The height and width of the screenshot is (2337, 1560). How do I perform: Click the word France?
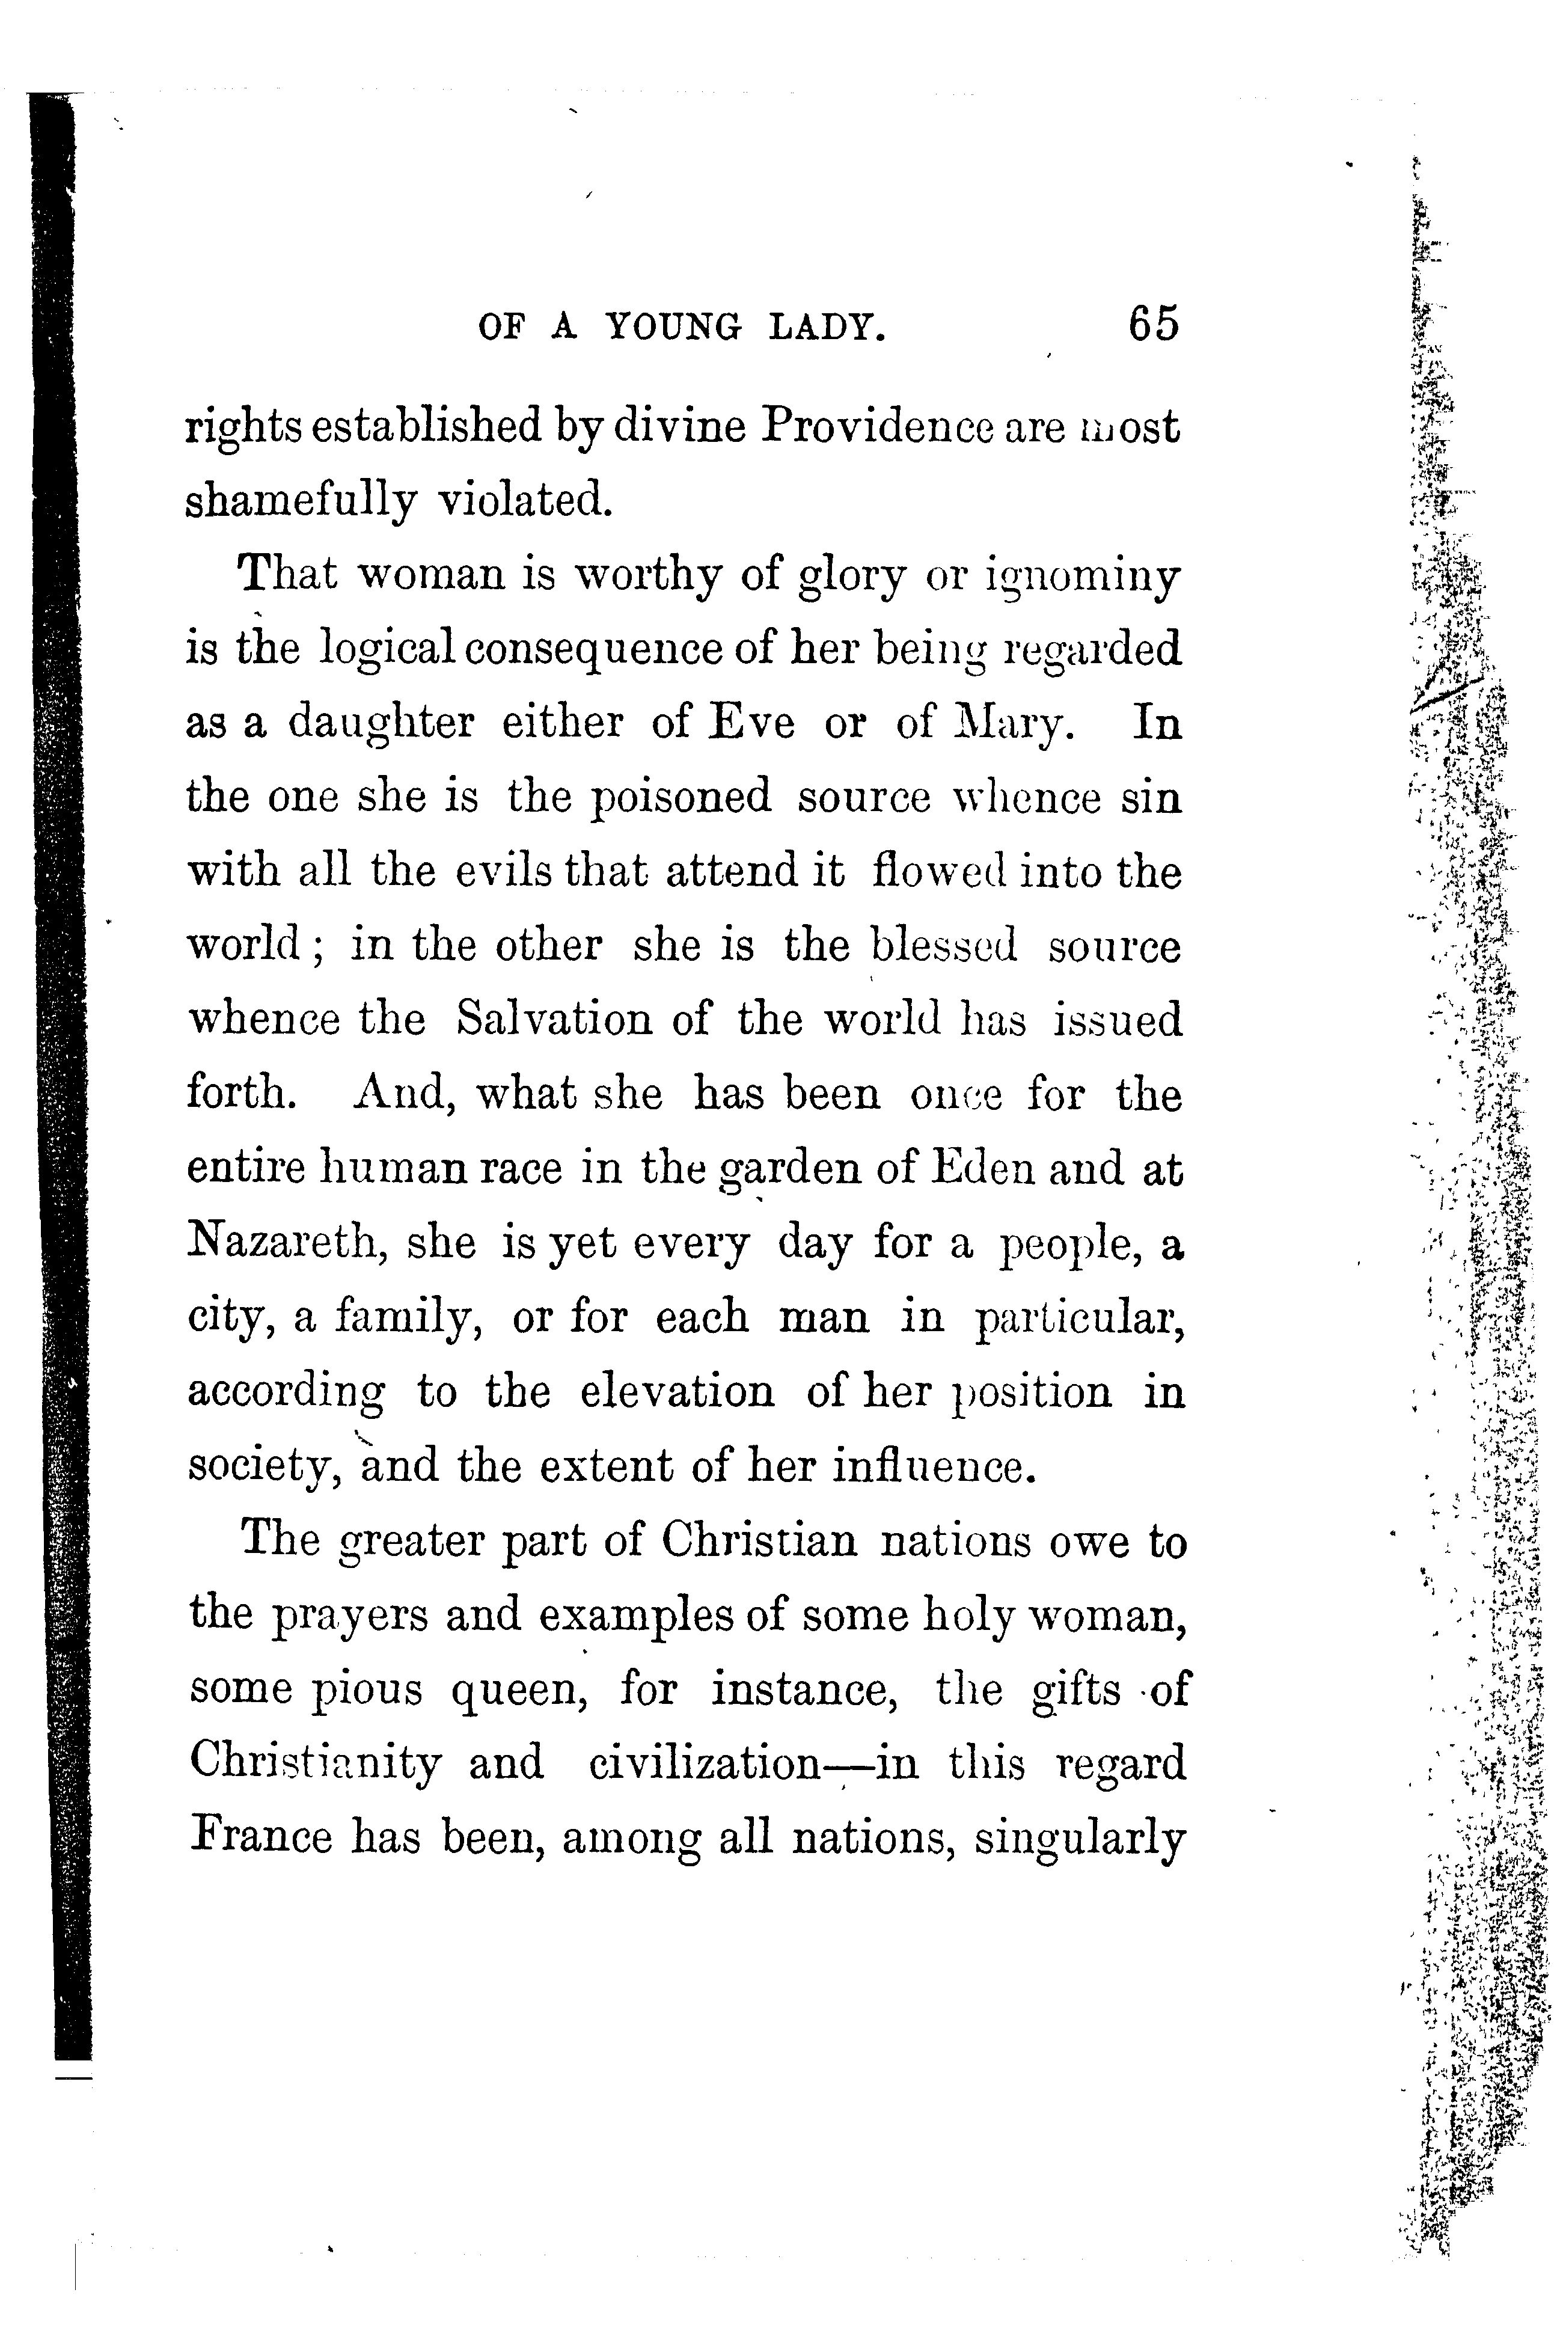coord(261,1837)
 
